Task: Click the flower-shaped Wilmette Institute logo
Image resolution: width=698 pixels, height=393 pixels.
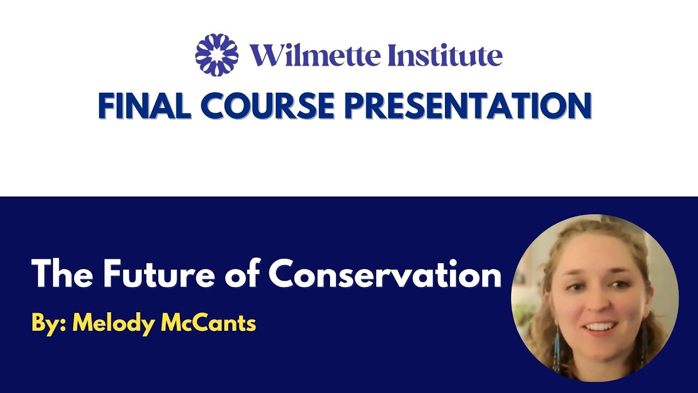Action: pyautogui.click(x=217, y=55)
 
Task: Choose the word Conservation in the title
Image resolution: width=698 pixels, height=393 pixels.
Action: pyautogui.click(x=385, y=274)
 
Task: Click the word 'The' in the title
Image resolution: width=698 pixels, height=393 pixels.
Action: pyautogui.click(x=63, y=274)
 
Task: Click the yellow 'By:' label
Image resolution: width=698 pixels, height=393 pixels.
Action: pyautogui.click(x=49, y=323)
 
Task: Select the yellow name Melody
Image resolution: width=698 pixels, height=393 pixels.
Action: pyautogui.click(x=114, y=323)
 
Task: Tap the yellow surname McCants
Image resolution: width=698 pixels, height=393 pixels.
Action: pyautogui.click(x=208, y=323)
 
